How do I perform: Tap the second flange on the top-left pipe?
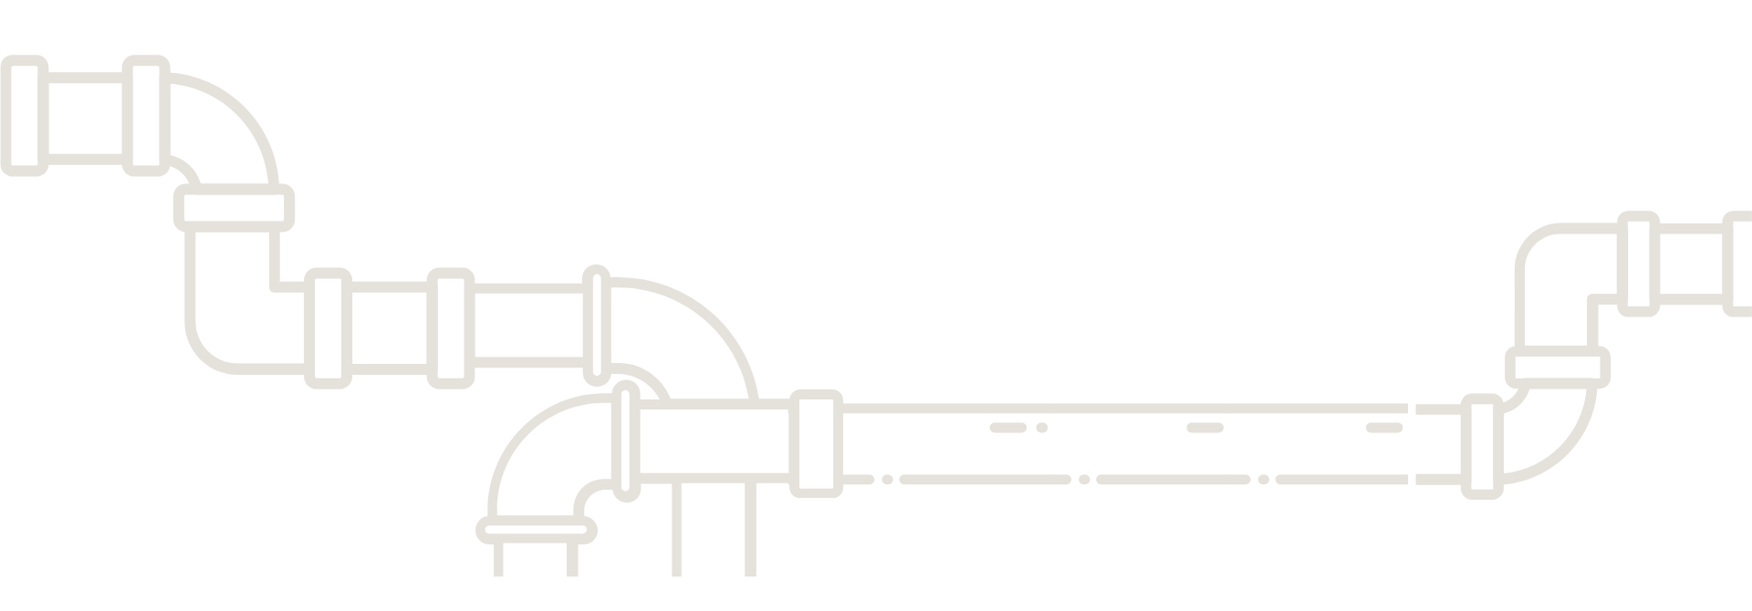146,115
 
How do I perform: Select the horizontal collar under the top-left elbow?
235,207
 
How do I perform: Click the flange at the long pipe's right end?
1482,446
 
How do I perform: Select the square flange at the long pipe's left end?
816,442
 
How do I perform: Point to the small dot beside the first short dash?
1041,427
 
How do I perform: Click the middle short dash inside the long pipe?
1204,427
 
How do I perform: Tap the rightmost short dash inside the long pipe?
1383,427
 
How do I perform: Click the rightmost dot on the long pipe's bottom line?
1263,479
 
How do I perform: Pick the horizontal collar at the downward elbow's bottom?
536,528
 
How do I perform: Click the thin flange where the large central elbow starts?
597,324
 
